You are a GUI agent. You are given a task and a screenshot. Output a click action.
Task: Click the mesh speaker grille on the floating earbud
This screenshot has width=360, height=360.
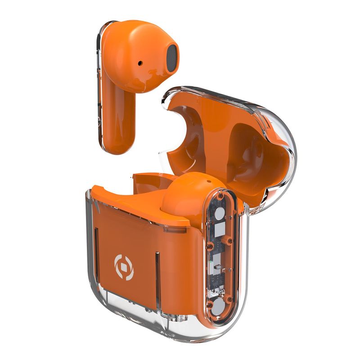pos(171,58)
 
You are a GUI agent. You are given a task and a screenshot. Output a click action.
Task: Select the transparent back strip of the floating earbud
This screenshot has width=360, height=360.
pos(99,90)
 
